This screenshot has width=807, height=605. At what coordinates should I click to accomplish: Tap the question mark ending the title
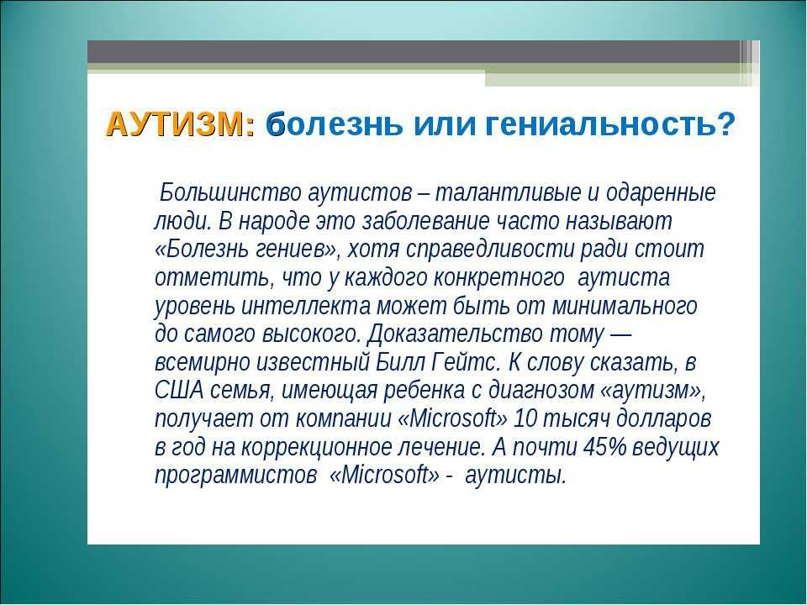point(725,124)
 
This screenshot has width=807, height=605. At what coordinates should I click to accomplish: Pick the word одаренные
point(662,194)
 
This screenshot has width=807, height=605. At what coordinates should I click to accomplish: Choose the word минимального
point(625,307)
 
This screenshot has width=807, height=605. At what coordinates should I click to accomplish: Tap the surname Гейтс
point(465,362)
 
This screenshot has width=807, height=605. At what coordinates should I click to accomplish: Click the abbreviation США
point(179,391)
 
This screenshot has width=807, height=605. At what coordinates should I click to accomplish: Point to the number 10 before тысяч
point(525,418)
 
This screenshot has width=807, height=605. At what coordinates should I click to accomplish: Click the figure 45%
point(604,447)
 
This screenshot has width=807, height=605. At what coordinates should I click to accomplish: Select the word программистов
point(235,476)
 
